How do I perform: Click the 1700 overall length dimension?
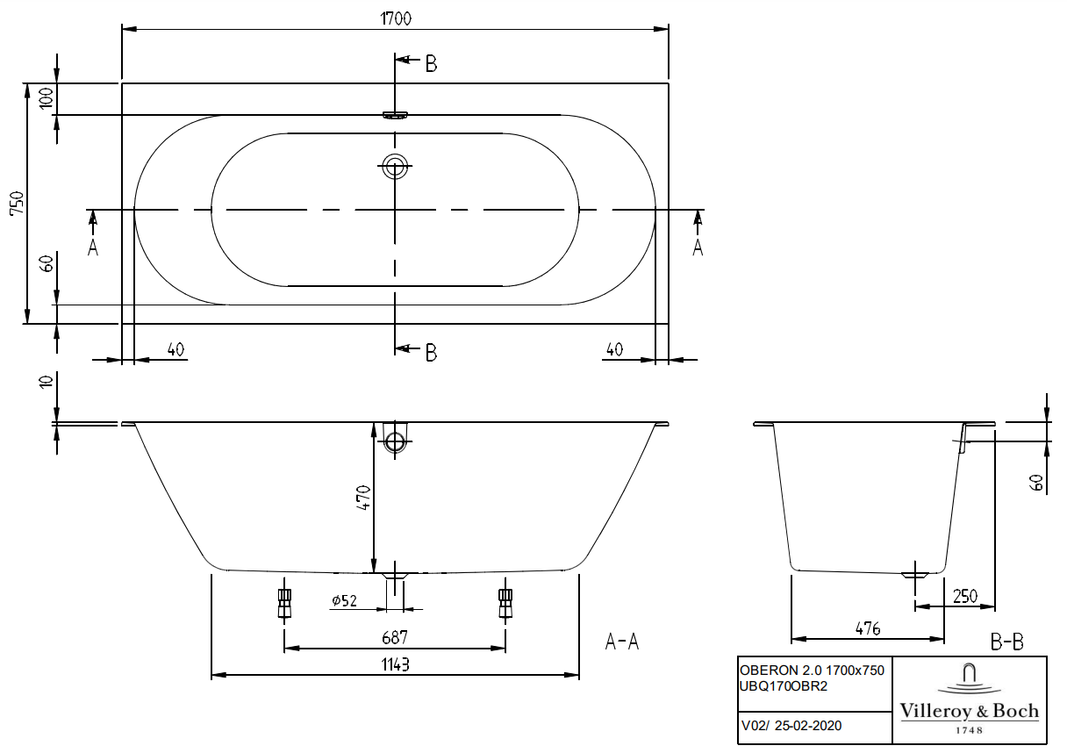click(x=396, y=18)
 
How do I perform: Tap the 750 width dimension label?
click(x=18, y=203)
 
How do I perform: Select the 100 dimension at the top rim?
click(x=47, y=98)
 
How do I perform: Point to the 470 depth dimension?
click(x=363, y=498)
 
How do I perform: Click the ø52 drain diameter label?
click(x=344, y=600)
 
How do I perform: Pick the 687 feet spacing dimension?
click(x=395, y=637)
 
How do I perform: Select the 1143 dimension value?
click(x=396, y=664)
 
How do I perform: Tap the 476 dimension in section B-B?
click(x=868, y=628)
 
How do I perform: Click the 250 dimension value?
click(x=965, y=596)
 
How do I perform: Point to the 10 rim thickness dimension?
click(x=47, y=382)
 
